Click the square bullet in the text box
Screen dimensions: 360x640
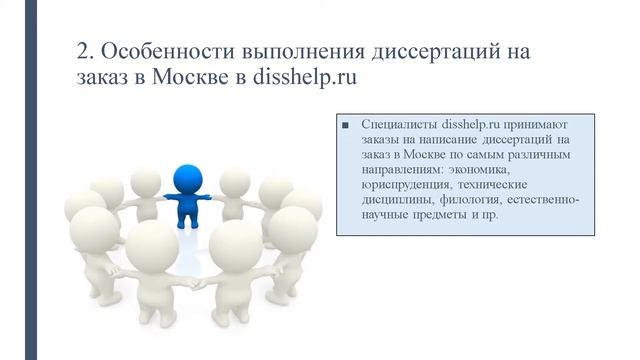tap(345, 127)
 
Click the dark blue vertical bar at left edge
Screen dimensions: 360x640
tap(31, 180)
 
